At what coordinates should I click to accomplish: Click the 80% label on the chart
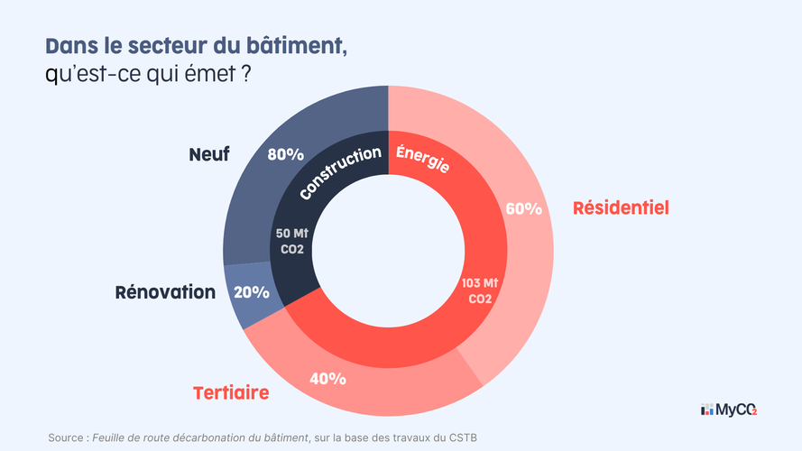[285, 154]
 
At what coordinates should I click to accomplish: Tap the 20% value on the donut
[251, 292]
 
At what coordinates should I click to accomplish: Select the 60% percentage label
[523, 209]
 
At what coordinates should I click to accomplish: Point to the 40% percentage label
[327, 378]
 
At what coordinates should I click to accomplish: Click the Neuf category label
[208, 154]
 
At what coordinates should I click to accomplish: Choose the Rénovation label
[165, 292]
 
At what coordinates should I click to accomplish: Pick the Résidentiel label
[621, 208]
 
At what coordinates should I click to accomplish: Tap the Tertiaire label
[231, 393]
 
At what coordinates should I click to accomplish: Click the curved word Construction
[339, 172]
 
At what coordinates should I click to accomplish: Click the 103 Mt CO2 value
[480, 290]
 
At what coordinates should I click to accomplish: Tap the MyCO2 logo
[729, 410]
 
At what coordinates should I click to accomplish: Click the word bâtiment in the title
[297, 46]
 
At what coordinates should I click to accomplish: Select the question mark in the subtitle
[245, 76]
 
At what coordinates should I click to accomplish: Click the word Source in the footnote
[66, 438]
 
